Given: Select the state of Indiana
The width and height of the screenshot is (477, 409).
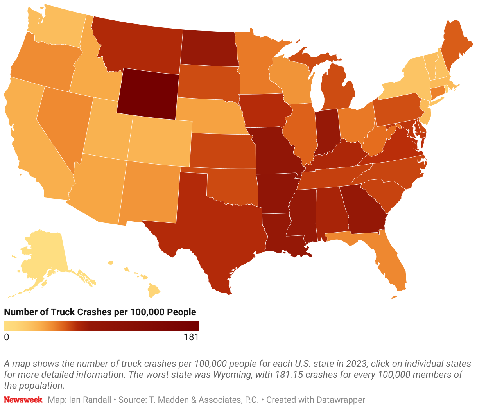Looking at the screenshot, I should (326, 133).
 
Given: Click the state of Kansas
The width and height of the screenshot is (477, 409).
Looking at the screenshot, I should (221, 151).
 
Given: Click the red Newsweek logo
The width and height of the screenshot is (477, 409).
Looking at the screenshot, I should (23, 400).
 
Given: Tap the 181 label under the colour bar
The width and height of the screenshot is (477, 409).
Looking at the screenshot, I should (191, 337).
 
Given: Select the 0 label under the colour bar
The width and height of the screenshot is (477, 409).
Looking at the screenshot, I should (6, 337).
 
